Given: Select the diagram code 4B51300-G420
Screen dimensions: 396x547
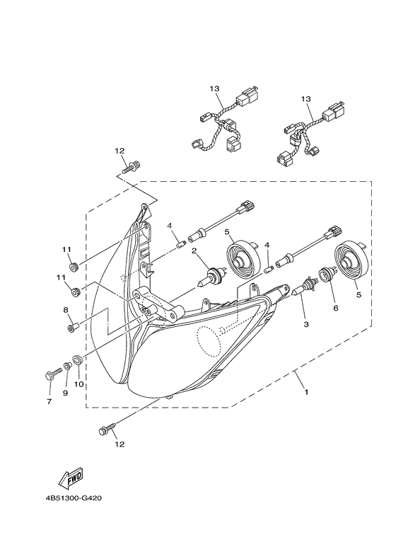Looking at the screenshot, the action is pyautogui.click(x=74, y=498).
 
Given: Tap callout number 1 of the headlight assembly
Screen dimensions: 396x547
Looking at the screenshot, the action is pyautogui.click(x=306, y=392).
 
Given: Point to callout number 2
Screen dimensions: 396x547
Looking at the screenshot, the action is pyautogui.click(x=194, y=251).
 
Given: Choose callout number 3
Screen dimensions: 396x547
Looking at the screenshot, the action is pyautogui.click(x=306, y=324).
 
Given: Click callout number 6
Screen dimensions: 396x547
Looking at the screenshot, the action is pyautogui.click(x=336, y=308).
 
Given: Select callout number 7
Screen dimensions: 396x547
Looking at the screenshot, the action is pyautogui.click(x=49, y=401).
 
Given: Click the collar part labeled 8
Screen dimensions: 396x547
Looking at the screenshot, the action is pyautogui.click(x=74, y=328).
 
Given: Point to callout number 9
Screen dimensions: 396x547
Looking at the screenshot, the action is pyautogui.click(x=65, y=393).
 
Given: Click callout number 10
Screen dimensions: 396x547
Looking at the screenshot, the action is pyautogui.click(x=78, y=384).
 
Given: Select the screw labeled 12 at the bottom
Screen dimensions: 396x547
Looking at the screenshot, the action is pyautogui.click(x=107, y=428).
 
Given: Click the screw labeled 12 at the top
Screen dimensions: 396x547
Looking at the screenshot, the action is pyautogui.click(x=132, y=166).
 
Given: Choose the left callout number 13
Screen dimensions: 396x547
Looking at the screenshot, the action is pyautogui.click(x=215, y=88).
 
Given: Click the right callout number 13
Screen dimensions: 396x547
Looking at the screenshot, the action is pyautogui.click(x=305, y=100).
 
